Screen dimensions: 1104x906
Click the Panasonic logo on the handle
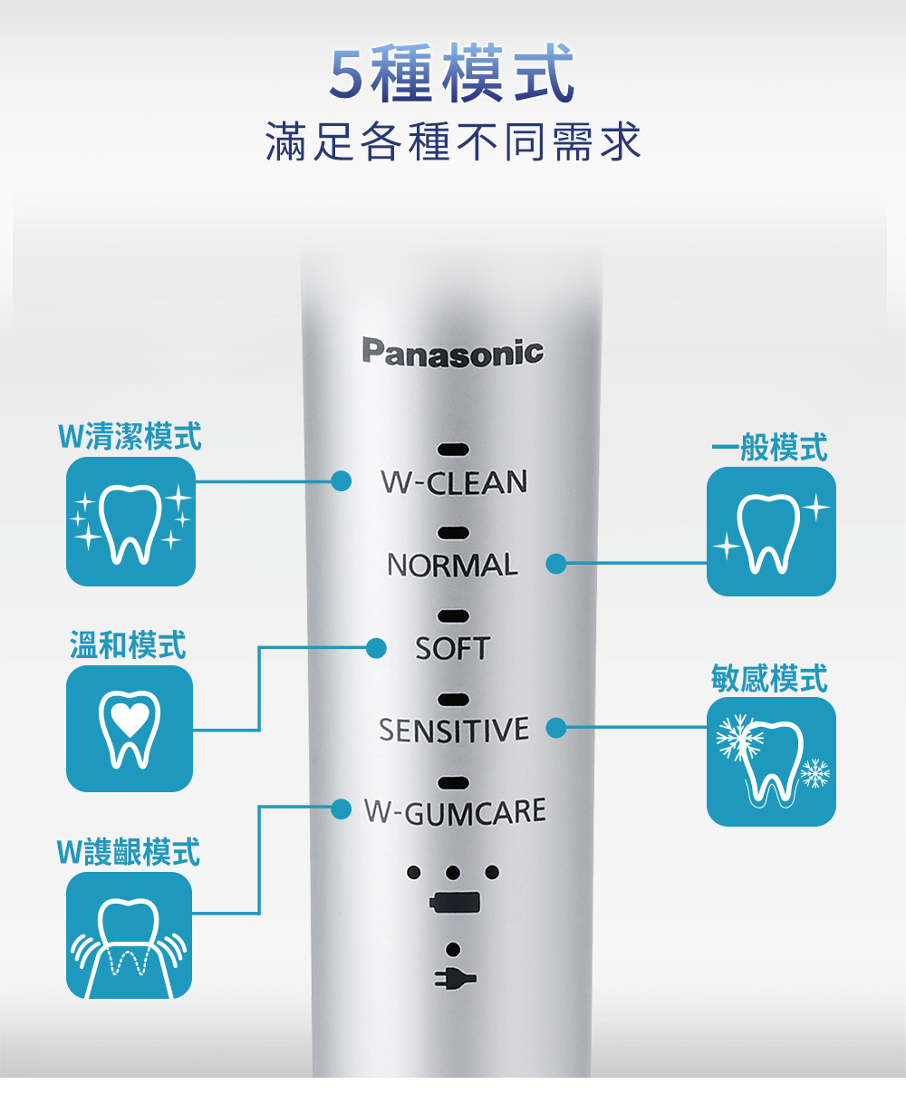click(453, 352)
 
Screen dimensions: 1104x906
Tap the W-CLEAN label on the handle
click(454, 482)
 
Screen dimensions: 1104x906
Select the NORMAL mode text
click(452, 565)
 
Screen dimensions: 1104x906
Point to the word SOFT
click(452, 648)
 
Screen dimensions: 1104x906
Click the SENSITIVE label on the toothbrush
click(453, 730)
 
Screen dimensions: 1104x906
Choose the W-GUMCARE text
click(455, 811)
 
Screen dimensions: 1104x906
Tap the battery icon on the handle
click(454, 903)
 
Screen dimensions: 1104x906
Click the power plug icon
click(454, 978)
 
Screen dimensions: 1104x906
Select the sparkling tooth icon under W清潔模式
click(130, 521)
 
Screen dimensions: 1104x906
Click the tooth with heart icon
click(130, 728)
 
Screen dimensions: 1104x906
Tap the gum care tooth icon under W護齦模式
click(129, 935)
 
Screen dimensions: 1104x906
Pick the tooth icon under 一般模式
click(771, 531)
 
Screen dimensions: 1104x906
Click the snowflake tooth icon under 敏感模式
click(771, 761)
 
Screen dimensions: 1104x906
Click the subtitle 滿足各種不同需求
click(453, 142)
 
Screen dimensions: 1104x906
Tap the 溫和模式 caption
click(128, 645)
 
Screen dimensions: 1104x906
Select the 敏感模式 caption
click(769, 678)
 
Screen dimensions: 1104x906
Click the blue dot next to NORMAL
click(556, 564)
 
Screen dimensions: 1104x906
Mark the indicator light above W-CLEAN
click(453, 450)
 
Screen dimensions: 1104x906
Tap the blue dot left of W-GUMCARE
click(341, 808)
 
